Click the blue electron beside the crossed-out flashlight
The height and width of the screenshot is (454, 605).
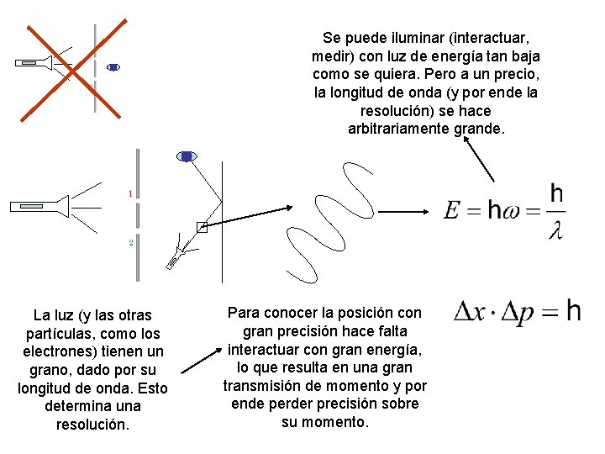click(113, 67)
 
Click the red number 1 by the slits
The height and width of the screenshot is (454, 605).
click(130, 194)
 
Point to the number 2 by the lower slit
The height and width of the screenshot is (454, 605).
click(131, 242)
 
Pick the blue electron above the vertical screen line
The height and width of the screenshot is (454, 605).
click(187, 156)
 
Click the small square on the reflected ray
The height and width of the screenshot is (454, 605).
click(201, 226)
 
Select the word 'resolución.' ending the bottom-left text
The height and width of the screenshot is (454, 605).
click(92, 425)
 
